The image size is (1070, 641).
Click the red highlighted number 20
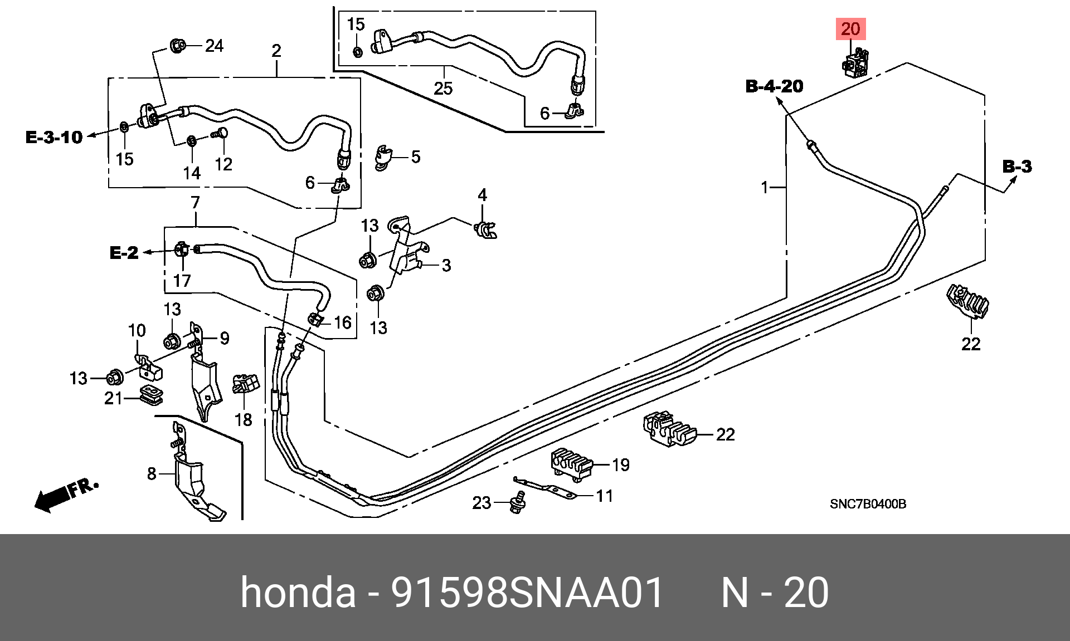pyautogui.click(x=850, y=29)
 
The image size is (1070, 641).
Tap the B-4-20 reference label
pyautogui.click(x=775, y=86)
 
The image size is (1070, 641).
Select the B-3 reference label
pyautogui.click(x=1017, y=166)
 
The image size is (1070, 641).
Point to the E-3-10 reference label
pyautogui.click(x=54, y=137)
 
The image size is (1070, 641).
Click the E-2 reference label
pyautogui.click(x=124, y=253)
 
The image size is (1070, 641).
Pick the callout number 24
pyautogui.click(x=214, y=46)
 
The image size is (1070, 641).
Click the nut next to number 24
pyautogui.click(x=178, y=46)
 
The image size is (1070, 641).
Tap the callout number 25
pyautogui.click(x=443, y=88)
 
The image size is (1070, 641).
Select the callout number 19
pyautogui.click(x=620, y=464)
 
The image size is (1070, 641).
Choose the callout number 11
pyautogui.click(x=604, y=496)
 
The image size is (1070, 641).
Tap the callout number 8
pyautogui.click(x=152, y=474)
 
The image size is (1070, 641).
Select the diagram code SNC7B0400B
pyautogui.click(x=868, y=505)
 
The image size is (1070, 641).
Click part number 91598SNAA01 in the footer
pyautogui.click(x=528, y=593)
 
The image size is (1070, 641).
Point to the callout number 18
pyautogui.click(x=244, y=419)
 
